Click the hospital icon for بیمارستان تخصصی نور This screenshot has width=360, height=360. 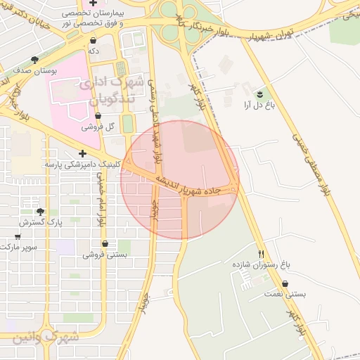click(103, 4)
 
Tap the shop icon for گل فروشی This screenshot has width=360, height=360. click(98, 127)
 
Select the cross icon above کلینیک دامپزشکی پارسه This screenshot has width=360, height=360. click(83, 153)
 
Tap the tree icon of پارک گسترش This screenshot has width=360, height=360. click(39, 212)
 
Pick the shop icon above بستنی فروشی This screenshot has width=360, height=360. click(105, 244)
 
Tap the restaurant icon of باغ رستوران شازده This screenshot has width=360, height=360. click(261, 254)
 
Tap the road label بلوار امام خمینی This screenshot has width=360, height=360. click(101, 200)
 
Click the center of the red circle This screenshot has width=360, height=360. click(180, 180)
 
